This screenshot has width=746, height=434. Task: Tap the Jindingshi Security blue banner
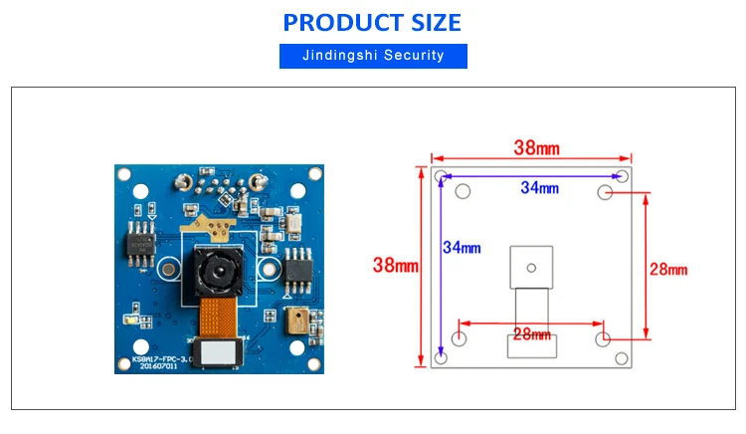pyautogui.click(x=373, y=56)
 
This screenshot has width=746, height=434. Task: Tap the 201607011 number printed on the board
pyautogui.click(x=159, y=365)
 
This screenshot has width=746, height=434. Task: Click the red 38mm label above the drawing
pyautogui.click(x=536, y=148)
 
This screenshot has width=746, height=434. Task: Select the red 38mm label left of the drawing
pyautogui.click(x=394, y=265)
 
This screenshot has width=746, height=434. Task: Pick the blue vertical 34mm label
pyautogui.click(x=463, y=247)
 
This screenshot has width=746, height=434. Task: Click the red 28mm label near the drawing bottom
pyautogui.click(x=531, y=334)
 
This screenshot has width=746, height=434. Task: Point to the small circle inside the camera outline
pyautogui.click(x=530, y=266)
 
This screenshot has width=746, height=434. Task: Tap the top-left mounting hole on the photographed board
pyautogui.click(x=124, y=174)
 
